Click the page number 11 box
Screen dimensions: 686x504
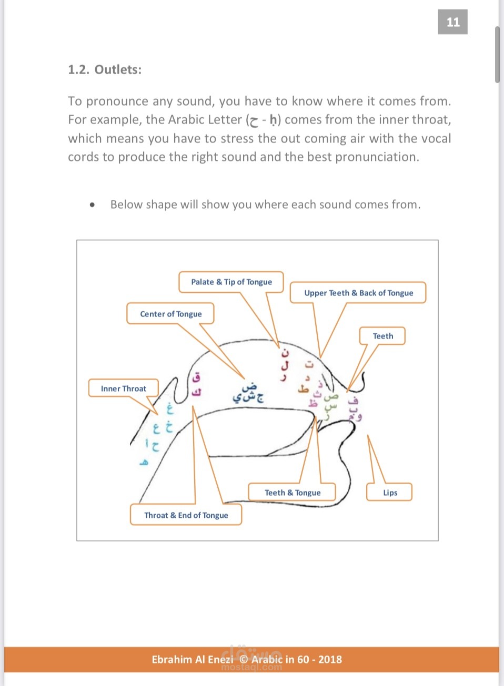pyautogui.click(x=452, y=22)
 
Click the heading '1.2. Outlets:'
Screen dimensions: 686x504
pyautogui.click(x=105, y=70)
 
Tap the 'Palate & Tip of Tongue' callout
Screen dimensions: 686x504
pyautogui.click(x=231, y=282)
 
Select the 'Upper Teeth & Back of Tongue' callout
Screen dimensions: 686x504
pyautogui.click(x=358, y=293)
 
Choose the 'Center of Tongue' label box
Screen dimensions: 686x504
pyautogui.click(x=170, y=314)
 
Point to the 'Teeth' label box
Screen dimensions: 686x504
pyautogui.click(x=382, y=336)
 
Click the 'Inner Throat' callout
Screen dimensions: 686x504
pyautogui.click(x=124, y=388)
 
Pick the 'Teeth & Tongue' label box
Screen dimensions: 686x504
pyautogui.click(x=293, y=493)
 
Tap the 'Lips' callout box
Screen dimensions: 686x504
pyautogui.click(x=390, y=493)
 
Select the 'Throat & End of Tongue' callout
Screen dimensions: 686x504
pyautogui.click(x=186, y=515)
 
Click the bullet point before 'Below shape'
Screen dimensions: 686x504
pyautogui.click(x=93, y=205)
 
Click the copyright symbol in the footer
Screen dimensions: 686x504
pyautogui.click(x=243, y=659)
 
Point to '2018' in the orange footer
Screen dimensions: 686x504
pyautogui.click(x=330, y=659)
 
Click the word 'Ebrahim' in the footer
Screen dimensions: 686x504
pyautogui.click(x=172, y=659)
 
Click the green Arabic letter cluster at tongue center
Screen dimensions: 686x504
pyautogui.click(x=248, y=394)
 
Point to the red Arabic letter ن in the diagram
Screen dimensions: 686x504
pyautogui.click(x=286, y=352)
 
